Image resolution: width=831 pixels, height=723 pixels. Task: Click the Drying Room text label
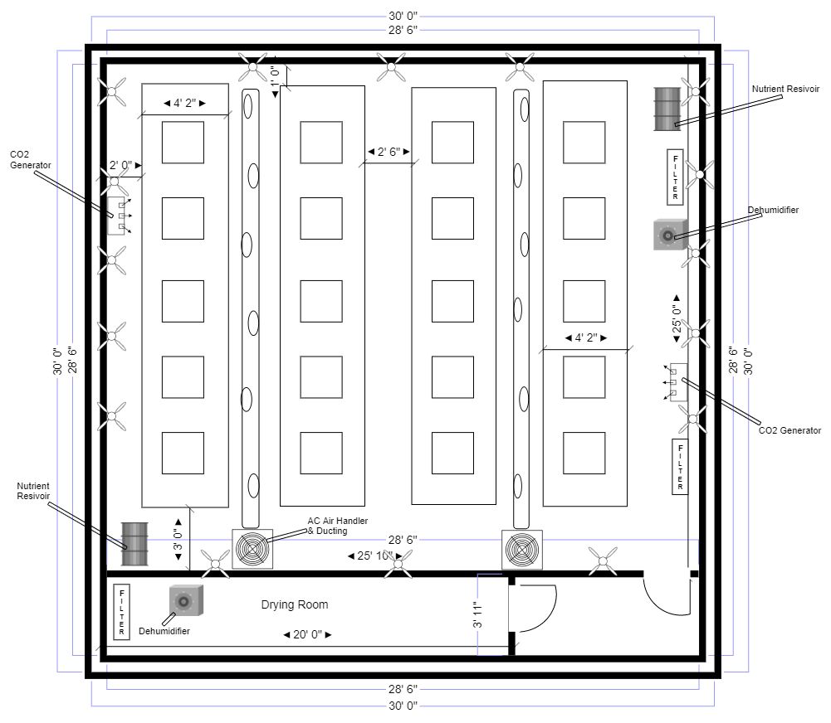click(295, 604)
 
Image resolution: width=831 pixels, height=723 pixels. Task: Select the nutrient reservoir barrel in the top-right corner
click(667, 109)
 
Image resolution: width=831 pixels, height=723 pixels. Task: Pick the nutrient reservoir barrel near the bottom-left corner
click(134, 543)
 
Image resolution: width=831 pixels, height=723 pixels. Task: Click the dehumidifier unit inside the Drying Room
click(186, 601)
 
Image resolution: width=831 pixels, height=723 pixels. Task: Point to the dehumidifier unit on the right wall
click(669, 235)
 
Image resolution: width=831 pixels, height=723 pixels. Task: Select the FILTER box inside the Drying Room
click(122, 613)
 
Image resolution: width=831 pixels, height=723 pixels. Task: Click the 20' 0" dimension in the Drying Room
click(308, 634)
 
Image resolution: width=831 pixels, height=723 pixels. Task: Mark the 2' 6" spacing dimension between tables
click(389, 152)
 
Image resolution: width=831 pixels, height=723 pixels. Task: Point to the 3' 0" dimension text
click(177, 544)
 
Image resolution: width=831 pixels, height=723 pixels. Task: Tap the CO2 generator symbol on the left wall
click(116, 216)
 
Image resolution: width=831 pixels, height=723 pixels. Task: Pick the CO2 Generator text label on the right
click(789, 430)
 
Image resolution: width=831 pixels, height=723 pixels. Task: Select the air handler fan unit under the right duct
click(521, 549)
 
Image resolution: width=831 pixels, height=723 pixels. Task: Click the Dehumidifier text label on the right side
click(772, 210)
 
